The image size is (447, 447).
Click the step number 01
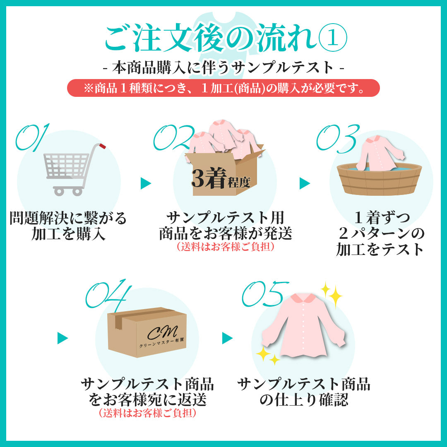point(32,137)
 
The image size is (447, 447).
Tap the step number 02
point(174,137)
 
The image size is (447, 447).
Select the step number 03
point(338,138)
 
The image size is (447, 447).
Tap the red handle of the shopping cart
point(102,146)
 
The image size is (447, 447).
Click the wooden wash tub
point(379,179)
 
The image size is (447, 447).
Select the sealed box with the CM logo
point(147,332)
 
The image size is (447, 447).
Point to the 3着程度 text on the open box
point(221,178)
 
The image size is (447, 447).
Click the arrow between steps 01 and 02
point(145,183)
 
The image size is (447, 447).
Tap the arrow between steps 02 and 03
point(305,183)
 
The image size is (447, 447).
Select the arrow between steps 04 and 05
point(227,338)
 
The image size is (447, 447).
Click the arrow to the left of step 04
point(63,338)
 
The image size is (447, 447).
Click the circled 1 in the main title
point(332,37)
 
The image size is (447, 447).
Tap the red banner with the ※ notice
point(223,88)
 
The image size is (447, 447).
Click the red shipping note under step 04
point(147,413)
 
